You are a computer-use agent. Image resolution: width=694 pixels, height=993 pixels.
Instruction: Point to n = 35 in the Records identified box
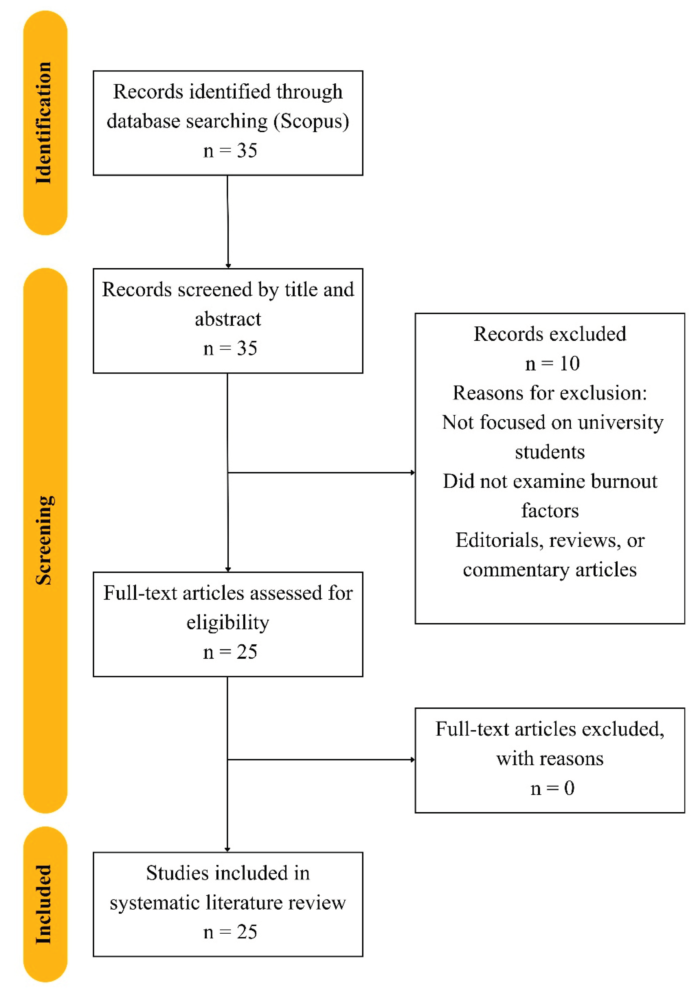[230, 151]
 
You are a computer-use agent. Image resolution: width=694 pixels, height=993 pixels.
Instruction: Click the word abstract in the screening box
[228, 319]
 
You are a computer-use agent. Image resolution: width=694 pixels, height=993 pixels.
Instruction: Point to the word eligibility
[228, 623]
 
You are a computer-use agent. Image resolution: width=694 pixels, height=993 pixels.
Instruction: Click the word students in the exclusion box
[549, 452]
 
